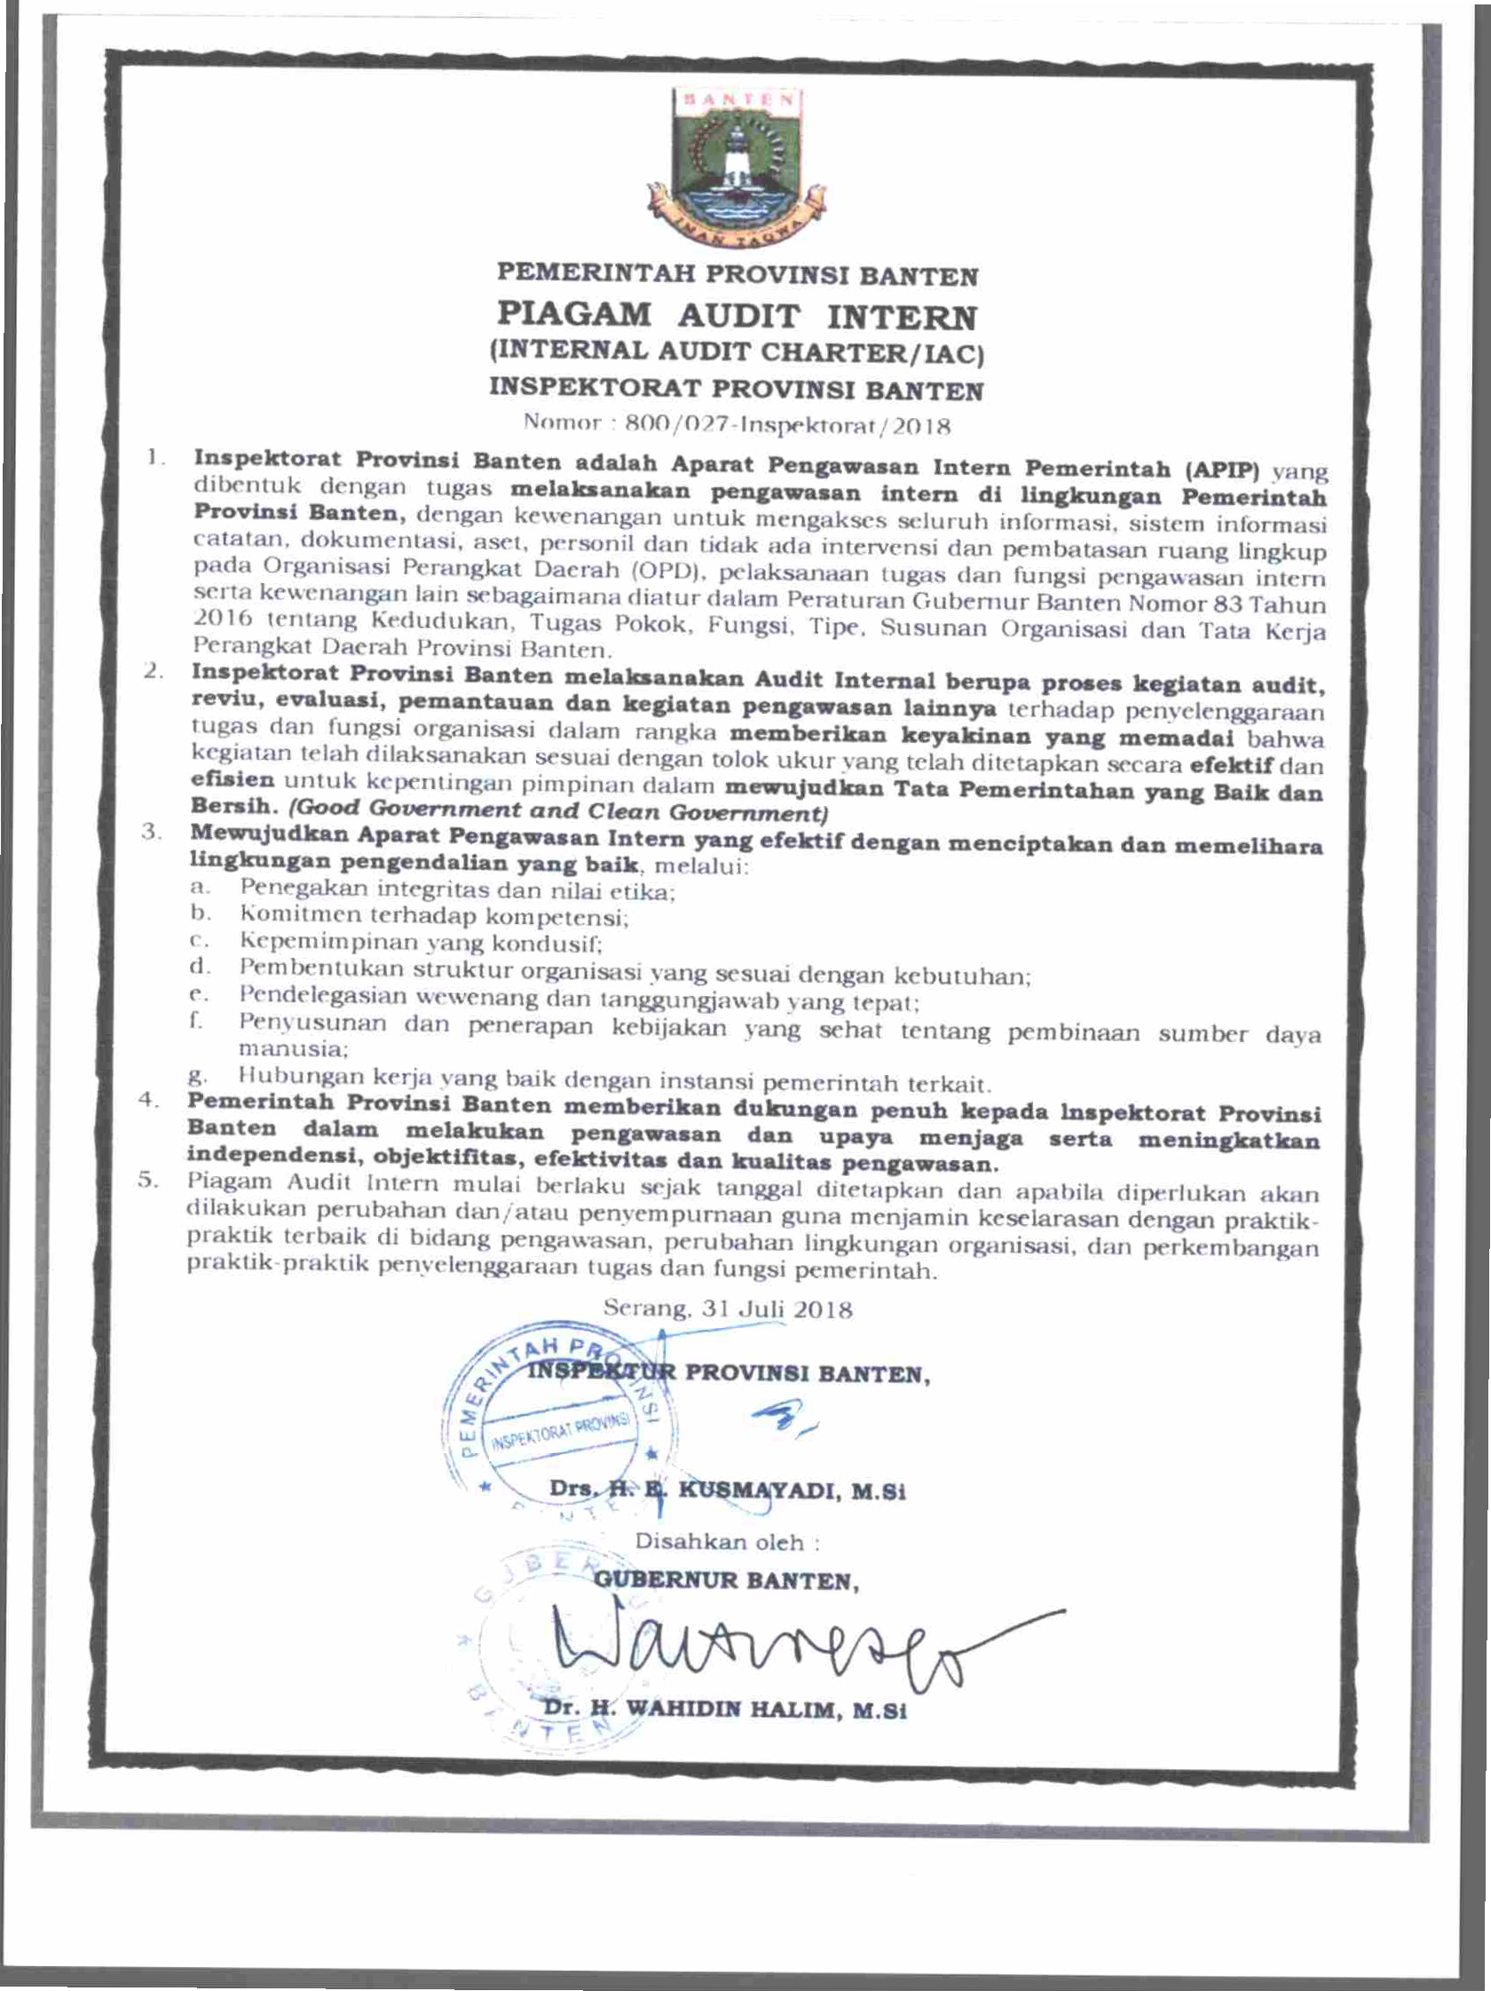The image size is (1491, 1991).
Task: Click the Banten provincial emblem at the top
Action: [737, 167]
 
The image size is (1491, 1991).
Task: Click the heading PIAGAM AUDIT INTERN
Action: [737, 316]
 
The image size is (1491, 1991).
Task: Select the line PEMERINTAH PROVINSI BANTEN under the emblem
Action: [737, 273]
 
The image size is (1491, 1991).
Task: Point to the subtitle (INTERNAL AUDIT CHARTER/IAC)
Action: [737, 352]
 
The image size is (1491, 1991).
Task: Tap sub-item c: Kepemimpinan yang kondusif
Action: [420, 943]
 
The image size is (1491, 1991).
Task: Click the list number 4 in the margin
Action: [147, 1100]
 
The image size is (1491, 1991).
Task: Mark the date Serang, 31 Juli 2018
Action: [727, 1308]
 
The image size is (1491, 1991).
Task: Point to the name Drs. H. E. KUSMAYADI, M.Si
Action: [727, 1491]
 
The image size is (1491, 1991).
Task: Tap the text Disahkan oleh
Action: [727, 1542]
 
